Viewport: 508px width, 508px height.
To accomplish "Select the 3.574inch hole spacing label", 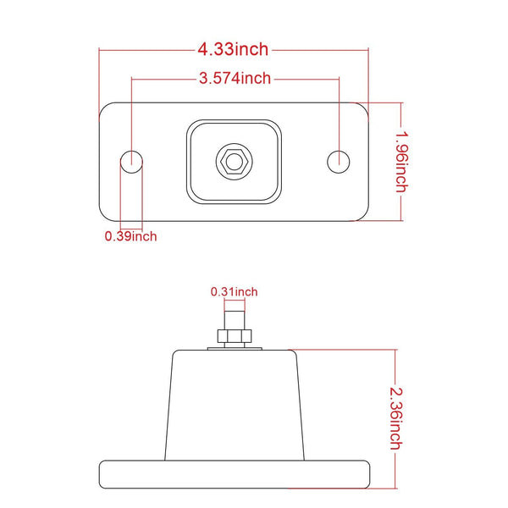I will point(235,79).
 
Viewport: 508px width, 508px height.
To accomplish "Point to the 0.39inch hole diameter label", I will point(130,236).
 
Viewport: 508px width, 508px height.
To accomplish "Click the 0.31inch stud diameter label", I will point(234,292).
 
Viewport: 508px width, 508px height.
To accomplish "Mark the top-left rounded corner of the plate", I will point(105,108).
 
